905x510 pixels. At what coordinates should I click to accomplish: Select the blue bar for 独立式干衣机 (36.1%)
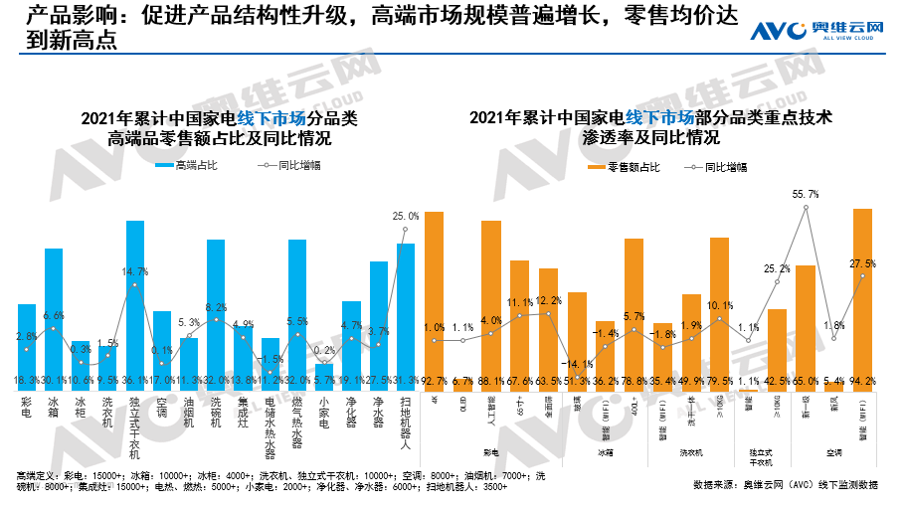coord(135,298)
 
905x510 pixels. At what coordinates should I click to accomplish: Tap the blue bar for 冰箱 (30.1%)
coord(54,313)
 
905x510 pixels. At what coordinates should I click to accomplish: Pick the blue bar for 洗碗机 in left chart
coord(216,308)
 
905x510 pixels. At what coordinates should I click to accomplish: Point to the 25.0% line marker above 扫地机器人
coord(405,230)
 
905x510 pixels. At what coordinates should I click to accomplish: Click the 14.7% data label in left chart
coord(135,271)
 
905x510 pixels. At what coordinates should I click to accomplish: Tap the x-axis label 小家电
coord(324,416)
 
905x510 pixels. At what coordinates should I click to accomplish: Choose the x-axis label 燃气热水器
coord(297,424)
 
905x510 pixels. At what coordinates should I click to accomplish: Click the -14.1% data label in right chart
coord(577,365)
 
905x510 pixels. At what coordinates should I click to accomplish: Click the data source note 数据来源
coord(786,485)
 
